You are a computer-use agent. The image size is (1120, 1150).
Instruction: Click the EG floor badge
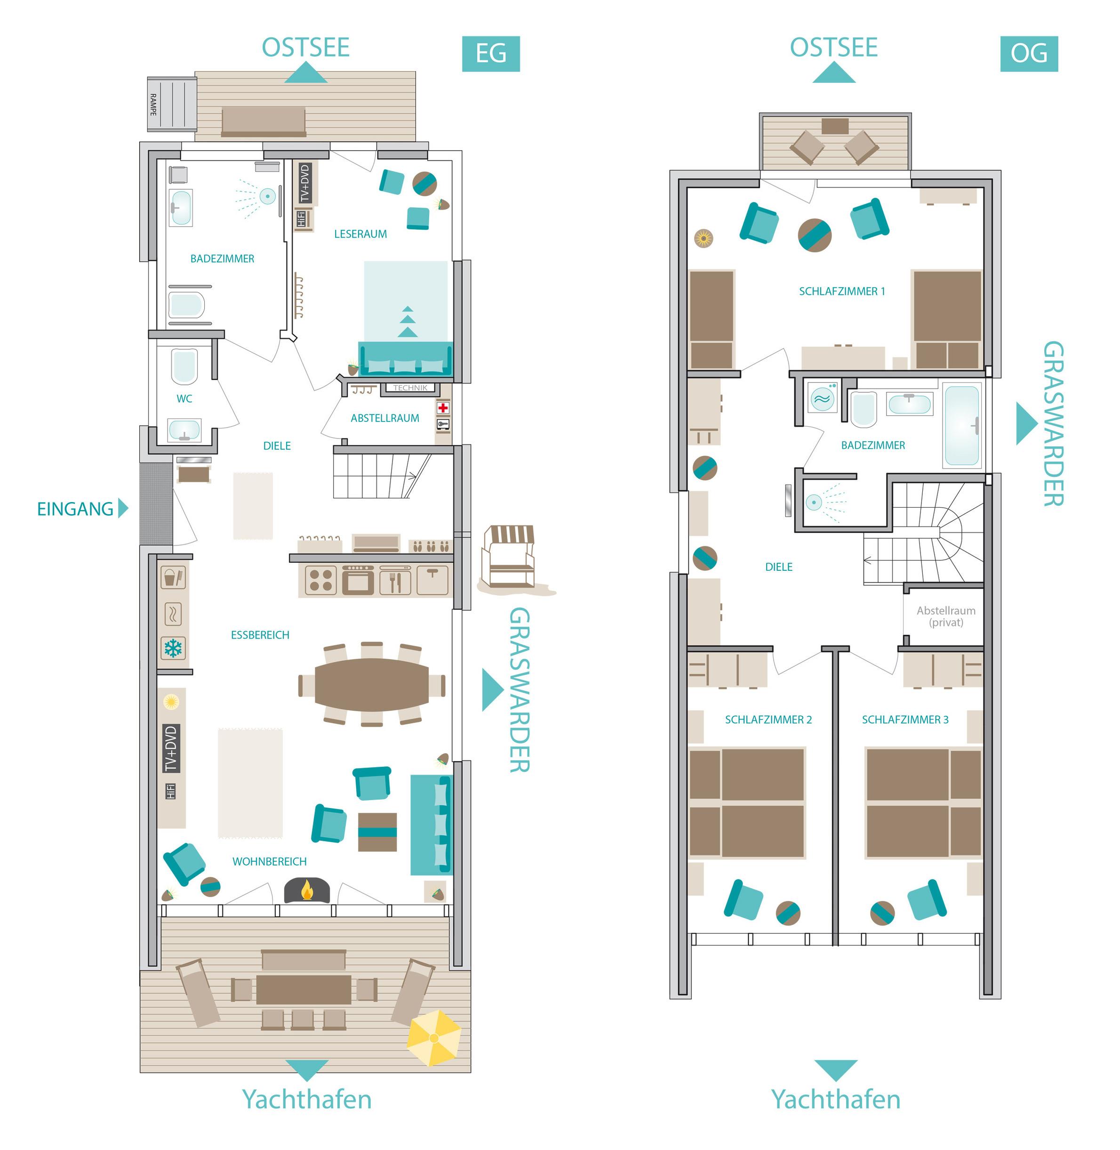[490, 54]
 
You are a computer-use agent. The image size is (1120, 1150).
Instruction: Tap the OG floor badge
[1029, 54]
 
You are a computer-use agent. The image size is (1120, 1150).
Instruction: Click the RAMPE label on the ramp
[153, 104]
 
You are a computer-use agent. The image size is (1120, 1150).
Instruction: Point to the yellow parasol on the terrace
[433, 1037]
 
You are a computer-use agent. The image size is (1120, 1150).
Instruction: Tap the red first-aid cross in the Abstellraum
[442, 407]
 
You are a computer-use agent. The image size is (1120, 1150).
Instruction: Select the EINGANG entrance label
[75, 509]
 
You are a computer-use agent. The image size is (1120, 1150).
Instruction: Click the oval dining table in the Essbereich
[372, 684]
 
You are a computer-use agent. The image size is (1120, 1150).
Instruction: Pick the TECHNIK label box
[410, 388]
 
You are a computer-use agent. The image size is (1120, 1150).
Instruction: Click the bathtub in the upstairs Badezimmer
[962, 425]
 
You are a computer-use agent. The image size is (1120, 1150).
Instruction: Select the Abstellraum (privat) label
[946, 616]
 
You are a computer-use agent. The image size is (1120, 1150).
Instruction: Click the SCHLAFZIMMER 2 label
[768, 719]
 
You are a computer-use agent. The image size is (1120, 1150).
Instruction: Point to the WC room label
[184, 398]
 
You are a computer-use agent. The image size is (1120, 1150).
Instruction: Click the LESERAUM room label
[360, 234]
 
